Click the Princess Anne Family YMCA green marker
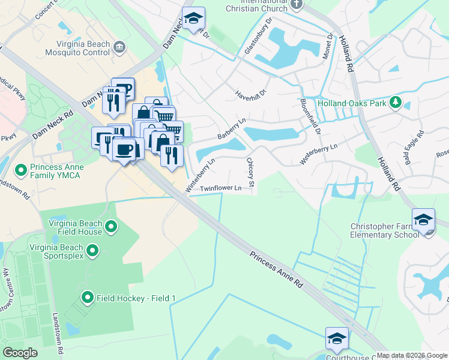tap(21, 171)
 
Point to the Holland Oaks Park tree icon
tap(395, 103)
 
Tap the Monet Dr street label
tap(330, 44)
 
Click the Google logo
tap(20, 353)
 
